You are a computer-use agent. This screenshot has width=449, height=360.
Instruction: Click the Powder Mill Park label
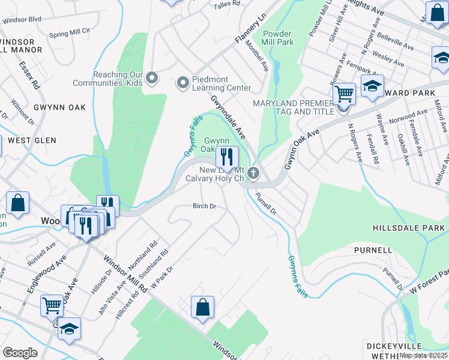(x=277, y=38)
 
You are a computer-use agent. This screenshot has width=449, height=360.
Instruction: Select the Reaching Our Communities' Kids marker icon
(x=152, y=78)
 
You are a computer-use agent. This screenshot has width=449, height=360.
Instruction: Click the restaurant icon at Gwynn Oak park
(x=226, y=157)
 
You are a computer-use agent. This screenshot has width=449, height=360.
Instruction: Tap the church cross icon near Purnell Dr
(x=253, y=174)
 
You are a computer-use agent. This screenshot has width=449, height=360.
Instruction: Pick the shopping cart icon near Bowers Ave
(x=343, y=94)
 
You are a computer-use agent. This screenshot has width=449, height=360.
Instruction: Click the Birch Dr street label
(x=204, y=206)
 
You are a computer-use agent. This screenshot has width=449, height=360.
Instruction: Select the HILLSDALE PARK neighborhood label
(x=409, y=228)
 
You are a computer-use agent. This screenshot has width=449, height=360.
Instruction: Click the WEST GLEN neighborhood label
(x=32, y=140)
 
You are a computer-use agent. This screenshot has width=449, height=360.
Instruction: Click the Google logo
(x=20, y=353)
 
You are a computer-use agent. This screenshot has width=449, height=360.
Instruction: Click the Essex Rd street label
(x=28, y=74)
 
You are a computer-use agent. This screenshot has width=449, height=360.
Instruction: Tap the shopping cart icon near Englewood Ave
(x=52, y=305)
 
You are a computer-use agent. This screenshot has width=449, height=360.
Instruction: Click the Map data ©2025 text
(x=423, y=355)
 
